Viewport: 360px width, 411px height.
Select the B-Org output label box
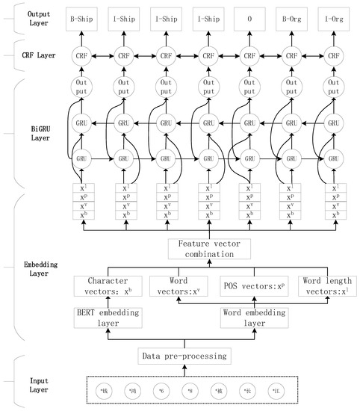(289, 16)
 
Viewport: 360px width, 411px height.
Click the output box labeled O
(247, 16)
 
